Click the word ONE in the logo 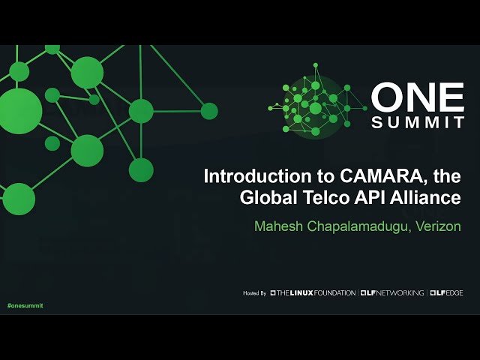[418, 97]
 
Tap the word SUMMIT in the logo [418, 121]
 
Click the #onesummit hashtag [25, 306]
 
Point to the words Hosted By [255, 292]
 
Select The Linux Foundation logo [313, 292]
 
